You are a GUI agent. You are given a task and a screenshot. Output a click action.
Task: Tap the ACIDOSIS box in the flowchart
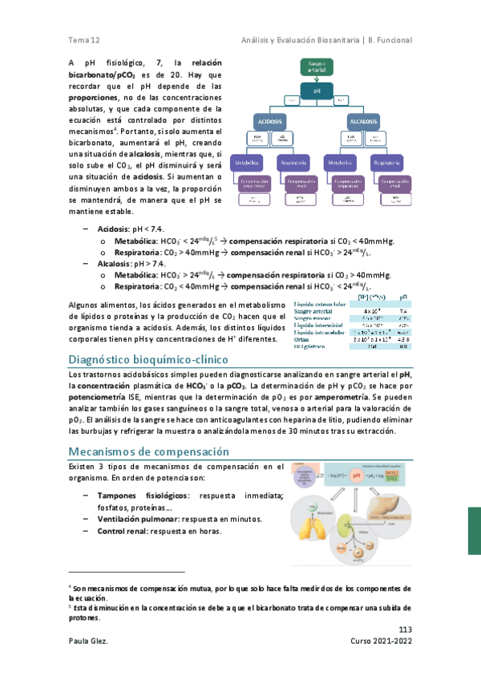(270, 120)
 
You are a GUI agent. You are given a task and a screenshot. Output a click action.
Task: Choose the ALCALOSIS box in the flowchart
(363, 120)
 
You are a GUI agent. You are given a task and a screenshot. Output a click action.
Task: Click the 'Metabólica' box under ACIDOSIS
(246, 164)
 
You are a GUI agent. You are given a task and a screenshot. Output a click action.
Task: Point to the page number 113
(405, 629)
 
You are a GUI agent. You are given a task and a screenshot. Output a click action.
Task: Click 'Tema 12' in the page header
(83, 40)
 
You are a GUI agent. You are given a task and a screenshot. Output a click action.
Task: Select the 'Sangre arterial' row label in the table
(317, 311)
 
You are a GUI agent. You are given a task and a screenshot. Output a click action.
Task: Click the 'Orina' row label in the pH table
(304, 340)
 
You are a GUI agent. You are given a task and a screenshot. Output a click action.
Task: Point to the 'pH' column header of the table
(402, 296)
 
